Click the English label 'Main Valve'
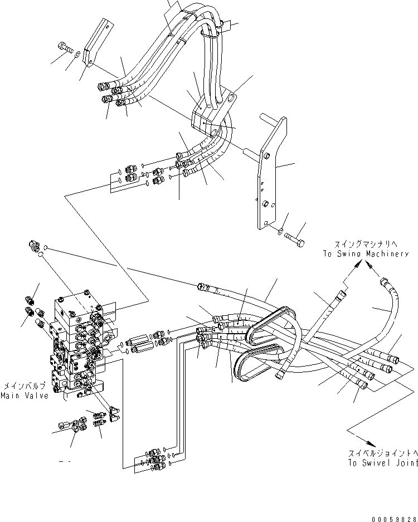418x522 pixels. pos(25,396)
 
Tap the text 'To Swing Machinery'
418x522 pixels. pos(366,253)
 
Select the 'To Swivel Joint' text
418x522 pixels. pos(383,463)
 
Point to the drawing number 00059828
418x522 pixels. pos(395,519)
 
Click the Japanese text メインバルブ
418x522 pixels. pos(24,386)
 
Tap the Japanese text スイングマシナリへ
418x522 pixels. pos(366,244)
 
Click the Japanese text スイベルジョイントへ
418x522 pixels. pos(383,453)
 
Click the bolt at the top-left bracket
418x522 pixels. pos(66,47)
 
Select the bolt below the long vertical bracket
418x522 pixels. pos(294,240)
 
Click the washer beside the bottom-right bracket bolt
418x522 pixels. pos(280,231)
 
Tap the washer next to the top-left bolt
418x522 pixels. pos(77,54)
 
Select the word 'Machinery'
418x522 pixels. pos(387,253)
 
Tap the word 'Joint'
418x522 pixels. pos(407,463)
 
